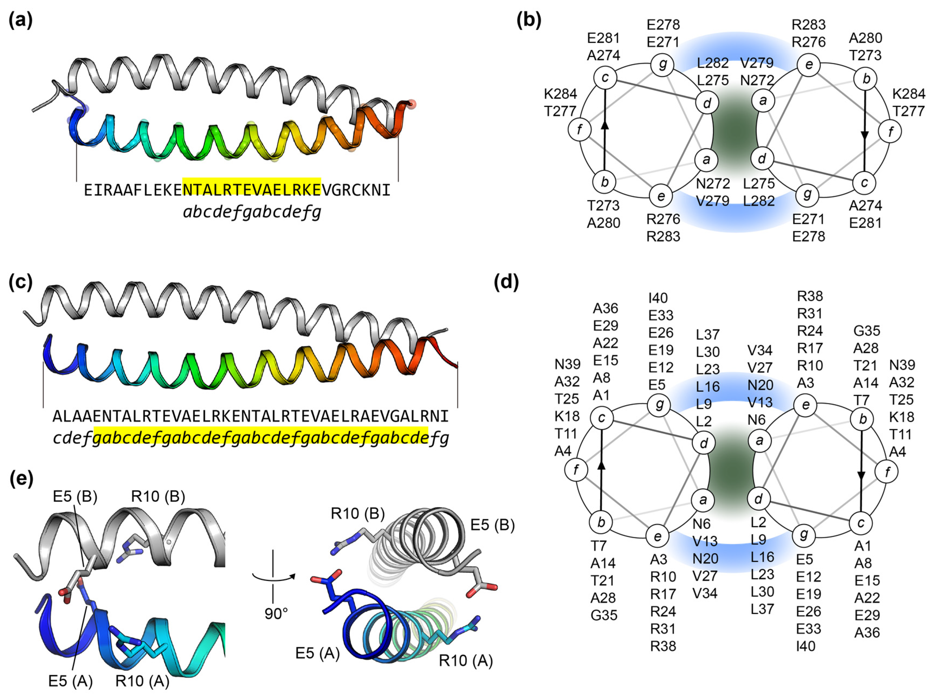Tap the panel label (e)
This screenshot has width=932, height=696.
pyautogui.click(x=21, y=479)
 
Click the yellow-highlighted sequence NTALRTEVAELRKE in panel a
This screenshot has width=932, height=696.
pyautogui.click(x=252, y=190)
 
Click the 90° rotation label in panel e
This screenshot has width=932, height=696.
pyautogui.click(x=276, y=614)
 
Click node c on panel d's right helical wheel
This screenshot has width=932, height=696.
pyautogui.click(x=860, y=523)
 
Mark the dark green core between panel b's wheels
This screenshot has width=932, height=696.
pyautogui.click(x=735, y=131)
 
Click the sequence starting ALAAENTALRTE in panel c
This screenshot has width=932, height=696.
pyautogui.click(x=250, y=416)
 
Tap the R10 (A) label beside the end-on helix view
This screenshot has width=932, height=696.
pyautogui.click(x=465, y=660)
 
